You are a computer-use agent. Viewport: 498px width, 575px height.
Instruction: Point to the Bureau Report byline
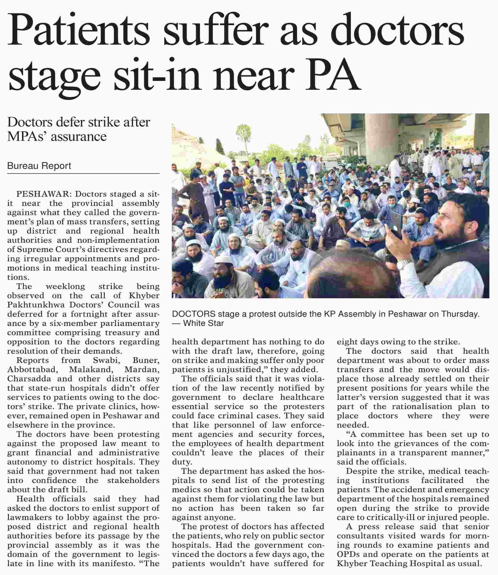(x=39, y=166)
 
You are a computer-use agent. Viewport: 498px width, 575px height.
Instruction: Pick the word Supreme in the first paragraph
(x=34, y=250)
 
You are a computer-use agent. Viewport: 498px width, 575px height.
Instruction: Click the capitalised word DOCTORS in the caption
(x=194, y=314)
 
